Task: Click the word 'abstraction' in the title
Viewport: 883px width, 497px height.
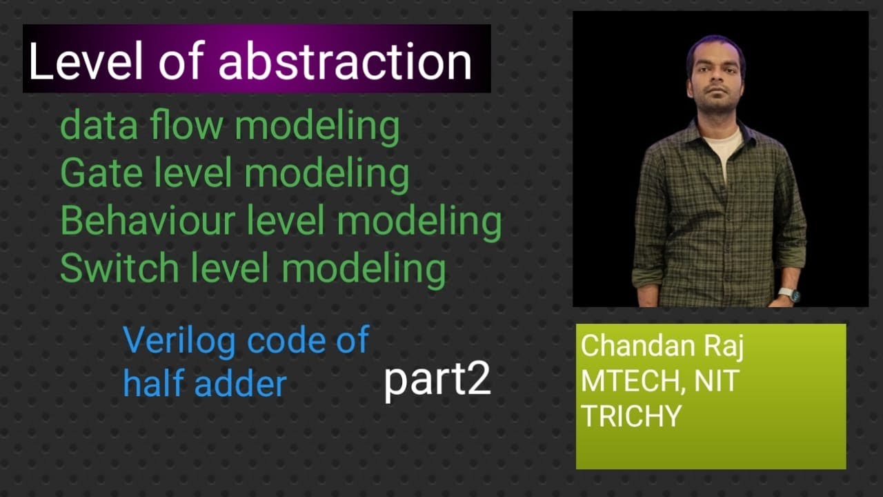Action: pos(345,62)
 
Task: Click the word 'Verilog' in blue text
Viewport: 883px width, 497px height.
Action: pos(180,342)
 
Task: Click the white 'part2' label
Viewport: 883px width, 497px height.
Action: pos(437,380)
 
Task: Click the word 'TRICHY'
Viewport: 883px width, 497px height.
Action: pos(631,416)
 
